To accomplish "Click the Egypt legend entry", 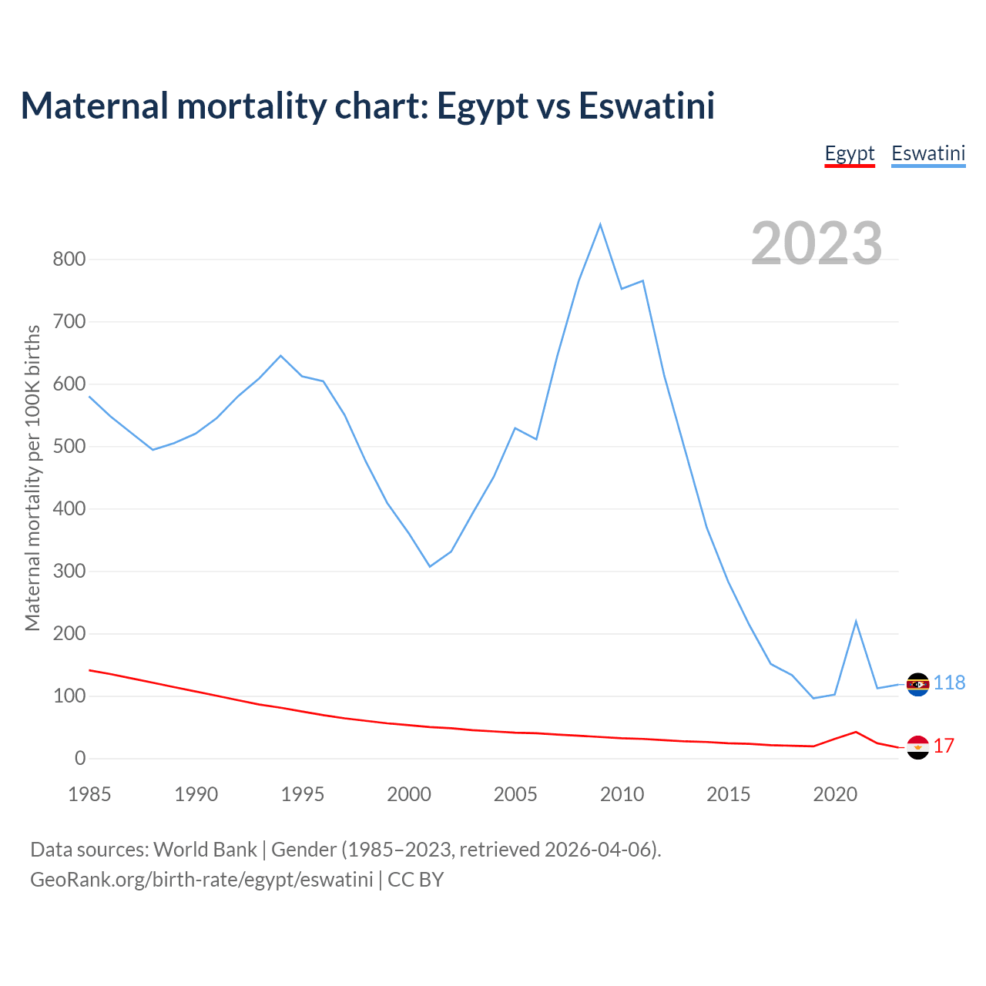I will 850,153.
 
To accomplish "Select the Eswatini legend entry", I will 928,153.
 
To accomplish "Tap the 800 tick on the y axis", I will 69,259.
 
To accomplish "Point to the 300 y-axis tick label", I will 69,572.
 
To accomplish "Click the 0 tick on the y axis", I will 80,759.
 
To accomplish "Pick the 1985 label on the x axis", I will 89,794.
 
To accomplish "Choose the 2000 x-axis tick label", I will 409,794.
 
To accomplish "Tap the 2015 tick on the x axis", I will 729,794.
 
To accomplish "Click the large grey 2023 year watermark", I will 817,243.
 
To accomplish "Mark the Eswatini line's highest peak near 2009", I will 600,224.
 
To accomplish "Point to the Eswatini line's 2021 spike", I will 856,621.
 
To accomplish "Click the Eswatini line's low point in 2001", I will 430,566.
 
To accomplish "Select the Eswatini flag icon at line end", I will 917,684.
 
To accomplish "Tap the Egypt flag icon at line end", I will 917,747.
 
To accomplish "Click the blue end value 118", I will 950,683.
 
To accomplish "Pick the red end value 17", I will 944,746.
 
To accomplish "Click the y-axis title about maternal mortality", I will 32,478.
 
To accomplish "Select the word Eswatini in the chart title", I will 646,106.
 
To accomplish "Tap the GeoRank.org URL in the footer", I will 202,880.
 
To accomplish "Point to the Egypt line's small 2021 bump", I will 856,732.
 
